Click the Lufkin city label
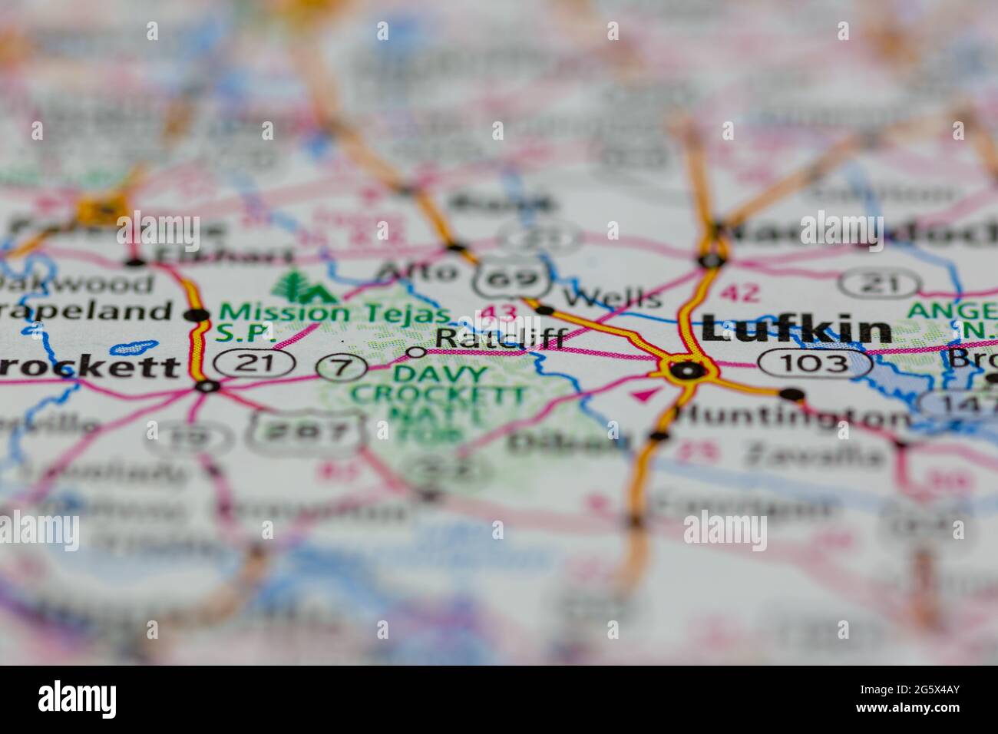point(796,330)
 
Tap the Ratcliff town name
point(501,338)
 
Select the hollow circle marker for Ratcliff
point(416,352)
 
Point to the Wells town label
point(612,297)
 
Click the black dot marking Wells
point(545,310)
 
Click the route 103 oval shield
point(814,362)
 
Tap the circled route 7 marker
point(342,366)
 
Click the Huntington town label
point(791,418)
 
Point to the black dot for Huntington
point(792,395)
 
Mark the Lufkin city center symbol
point(686,370)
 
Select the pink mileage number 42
point(740,293)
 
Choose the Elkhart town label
point(223,256)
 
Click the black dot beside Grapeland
point(197,315)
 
